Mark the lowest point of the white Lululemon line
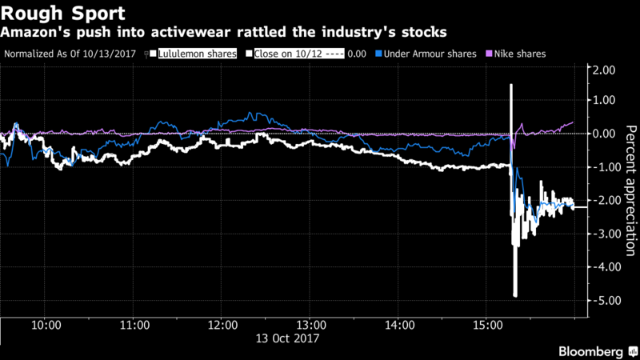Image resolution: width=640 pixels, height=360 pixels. click(x=515, y=296)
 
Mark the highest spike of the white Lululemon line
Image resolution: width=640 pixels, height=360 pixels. click(x=510, y=84)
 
